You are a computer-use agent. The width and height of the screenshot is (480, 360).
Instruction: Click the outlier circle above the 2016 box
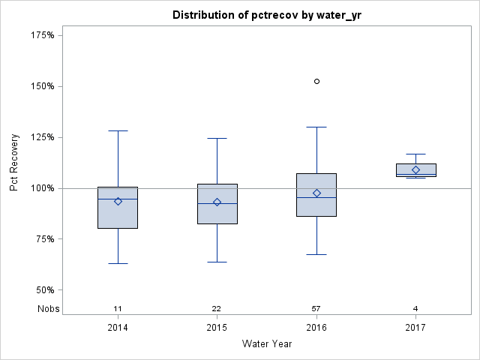[x=316, y=81]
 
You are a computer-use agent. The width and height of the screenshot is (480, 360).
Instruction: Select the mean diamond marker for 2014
[x=118, y=201]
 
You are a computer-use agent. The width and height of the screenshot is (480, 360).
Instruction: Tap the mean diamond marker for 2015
[x=217, y=202]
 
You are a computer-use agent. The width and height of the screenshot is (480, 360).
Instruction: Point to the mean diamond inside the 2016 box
[x=316, y=193]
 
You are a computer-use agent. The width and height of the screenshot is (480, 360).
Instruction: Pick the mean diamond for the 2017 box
[x=415, y=170]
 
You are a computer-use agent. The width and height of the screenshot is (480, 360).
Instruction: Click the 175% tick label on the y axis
[x=43, y=35]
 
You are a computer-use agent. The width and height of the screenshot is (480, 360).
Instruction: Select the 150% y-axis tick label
[x=43, y=86]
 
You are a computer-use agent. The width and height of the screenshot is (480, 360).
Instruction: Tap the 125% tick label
[x=43, y=137]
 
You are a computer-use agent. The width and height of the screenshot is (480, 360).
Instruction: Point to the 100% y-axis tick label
[x=43, y=188]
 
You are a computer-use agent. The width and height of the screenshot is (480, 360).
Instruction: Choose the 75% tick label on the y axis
[x=45, y=239]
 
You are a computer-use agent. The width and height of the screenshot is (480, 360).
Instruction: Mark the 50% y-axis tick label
[x=45, y=290]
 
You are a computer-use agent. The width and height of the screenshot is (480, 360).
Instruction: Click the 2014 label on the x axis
[x=118, y=328]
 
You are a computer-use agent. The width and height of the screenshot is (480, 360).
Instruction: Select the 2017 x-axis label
[x=415, y=328]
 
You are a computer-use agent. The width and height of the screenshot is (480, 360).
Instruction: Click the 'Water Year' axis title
[x=266, y=344]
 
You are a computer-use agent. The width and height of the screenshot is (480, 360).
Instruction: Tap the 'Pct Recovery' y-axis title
[x=15, y=163]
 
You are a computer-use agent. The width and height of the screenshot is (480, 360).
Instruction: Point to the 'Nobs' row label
[x=48, y=309]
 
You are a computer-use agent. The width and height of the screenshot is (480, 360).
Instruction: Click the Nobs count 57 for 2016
[x=316, y=309]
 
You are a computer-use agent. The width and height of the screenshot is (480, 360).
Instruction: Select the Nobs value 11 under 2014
[x=118, y=309]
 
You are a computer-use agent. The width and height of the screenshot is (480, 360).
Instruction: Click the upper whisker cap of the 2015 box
[x=217, y=138]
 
